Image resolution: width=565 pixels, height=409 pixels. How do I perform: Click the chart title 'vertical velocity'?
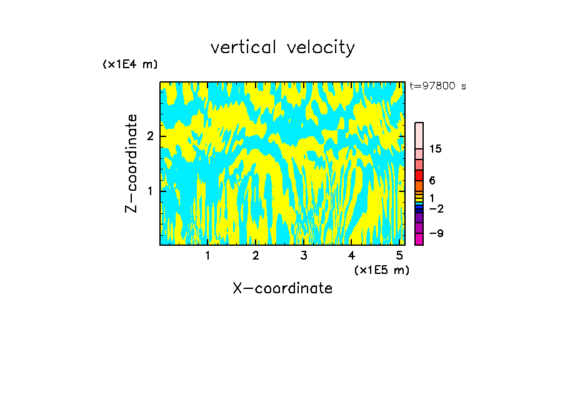click(282, 48)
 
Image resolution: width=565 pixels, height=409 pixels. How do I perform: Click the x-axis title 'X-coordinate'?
click(282, 288)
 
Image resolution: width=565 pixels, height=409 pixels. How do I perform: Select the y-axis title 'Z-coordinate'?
click(131, 163)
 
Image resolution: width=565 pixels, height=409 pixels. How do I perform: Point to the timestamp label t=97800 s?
click(437, 86)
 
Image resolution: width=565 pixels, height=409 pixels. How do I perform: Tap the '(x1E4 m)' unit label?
click(130, 64)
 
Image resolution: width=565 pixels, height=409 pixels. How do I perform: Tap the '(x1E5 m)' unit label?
click(381, 270)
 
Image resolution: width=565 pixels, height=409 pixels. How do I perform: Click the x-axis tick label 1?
click(207, 256)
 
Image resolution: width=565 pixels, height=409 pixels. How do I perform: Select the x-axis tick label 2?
click(256, 256)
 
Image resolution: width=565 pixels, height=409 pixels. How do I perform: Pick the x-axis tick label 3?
click(304, 256)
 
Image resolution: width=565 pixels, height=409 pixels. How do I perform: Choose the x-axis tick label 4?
click(351, 256)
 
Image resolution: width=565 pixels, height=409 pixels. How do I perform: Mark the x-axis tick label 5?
click(399, 256)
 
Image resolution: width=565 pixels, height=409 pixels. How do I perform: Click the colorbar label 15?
click(436, 149)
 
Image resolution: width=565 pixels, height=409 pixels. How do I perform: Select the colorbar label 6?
click(432, 181)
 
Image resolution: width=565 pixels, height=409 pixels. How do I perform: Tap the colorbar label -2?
click(436, 208)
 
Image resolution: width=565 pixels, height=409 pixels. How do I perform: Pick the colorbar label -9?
click(436, 233)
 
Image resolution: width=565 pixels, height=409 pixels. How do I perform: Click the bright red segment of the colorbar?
click(419, 176)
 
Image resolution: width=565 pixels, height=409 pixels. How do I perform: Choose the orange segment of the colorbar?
click(419, 186)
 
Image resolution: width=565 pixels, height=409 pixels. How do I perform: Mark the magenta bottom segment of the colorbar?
click(419, 239)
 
